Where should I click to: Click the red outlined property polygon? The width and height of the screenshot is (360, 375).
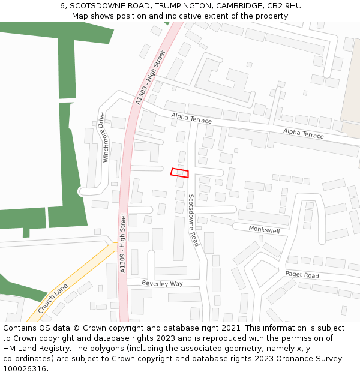[179, 173]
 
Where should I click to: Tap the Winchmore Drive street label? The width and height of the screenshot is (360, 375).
[103, 137]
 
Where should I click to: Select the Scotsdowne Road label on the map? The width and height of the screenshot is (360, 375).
[193, 220]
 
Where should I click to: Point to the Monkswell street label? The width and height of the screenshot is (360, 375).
[264, 230]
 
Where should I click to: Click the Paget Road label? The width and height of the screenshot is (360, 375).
[302, 275]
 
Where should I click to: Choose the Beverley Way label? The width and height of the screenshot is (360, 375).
[162, 283]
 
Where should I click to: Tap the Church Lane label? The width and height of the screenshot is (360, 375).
[53, 299]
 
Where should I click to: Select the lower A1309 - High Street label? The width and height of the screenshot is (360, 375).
[123, 243]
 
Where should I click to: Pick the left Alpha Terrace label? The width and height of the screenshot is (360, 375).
[191, 118]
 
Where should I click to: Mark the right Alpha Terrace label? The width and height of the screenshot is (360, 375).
[303, 133]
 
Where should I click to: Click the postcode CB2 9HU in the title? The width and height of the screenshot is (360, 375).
[286, 6]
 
